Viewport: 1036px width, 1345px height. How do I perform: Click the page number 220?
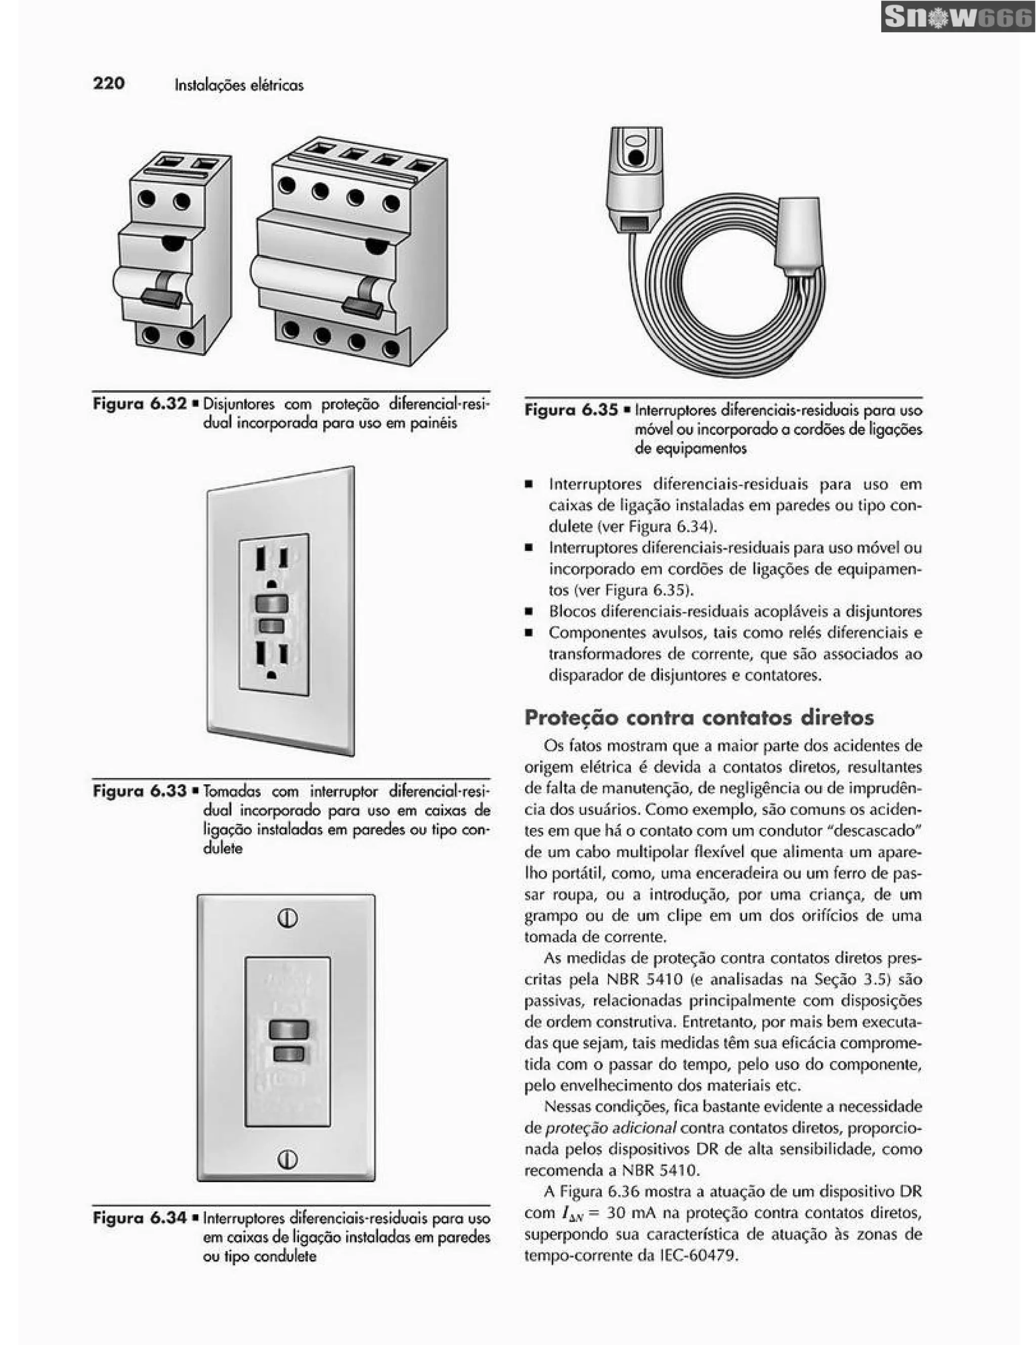pyautogui.click(x=109, y=83)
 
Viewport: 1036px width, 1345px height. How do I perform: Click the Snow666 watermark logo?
pyautogui.click(x=957, y=18)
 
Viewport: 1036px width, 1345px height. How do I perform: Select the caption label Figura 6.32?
pyautogui.click(x=139, y=404)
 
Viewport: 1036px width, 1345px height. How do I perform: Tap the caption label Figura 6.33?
pyautogui.click(x=139, y=791)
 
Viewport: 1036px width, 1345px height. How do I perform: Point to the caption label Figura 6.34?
pyautogui.click(x=139, y=1218)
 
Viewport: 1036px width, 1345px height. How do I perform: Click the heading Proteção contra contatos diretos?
pyautogui.click(x=699, y=718)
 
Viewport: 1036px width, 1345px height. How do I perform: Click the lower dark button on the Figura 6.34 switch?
pyautogui.click(x=288, y=1054)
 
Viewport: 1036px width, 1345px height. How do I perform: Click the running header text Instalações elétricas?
pyautogui.click(x=239, y=85)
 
